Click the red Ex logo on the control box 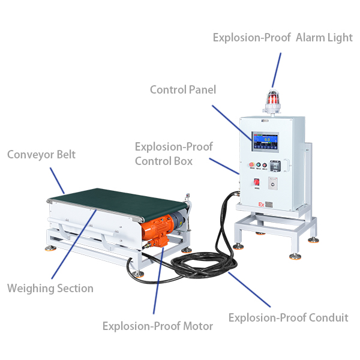[x=261, y=205]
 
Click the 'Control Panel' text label [x=182, y=90]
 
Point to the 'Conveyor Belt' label [x=41, y=155]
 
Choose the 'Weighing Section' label [x=50, y=289]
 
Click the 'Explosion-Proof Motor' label [x=157, y=326]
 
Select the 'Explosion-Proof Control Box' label [x=173, y=154]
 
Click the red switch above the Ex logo [x=257, y=182]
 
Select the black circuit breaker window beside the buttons [x=275, y=166]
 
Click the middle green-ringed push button [x=258, y=165]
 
